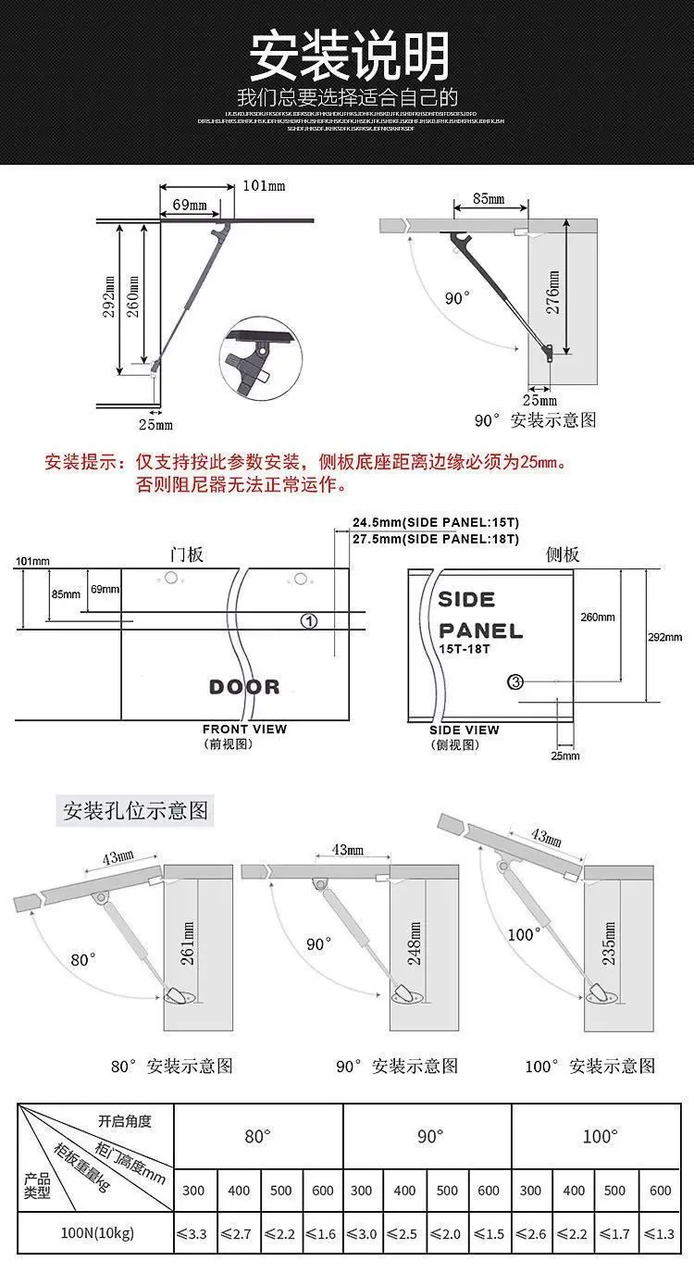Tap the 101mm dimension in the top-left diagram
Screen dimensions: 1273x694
coord(264,186)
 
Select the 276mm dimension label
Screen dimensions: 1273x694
coord(553,293)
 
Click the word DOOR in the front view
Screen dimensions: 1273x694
coord(244,687)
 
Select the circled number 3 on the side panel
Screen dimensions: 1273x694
coord(516,682)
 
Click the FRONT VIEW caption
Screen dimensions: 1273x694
coord(244,730)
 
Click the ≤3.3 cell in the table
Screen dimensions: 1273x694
coord(196,1234)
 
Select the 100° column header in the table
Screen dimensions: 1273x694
coord(599,1137)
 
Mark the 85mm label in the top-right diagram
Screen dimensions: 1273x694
coord(488,199)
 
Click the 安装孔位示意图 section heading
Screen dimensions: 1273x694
coord(135,812)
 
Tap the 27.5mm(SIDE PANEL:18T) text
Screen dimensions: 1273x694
coord(435,539)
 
